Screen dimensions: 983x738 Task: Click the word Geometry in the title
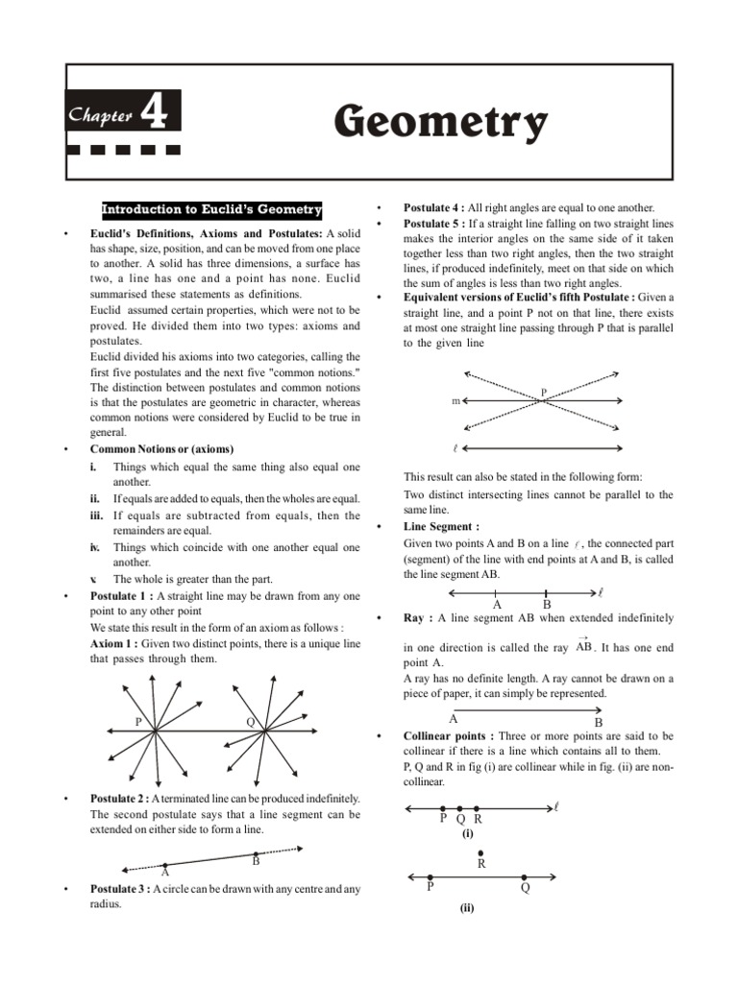pos(441,123)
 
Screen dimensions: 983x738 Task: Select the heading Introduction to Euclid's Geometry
pos(212,210)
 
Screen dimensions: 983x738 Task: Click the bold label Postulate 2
pos(122,799)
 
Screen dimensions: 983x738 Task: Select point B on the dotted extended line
pos(257,854)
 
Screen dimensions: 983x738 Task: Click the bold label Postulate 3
pos(122,889)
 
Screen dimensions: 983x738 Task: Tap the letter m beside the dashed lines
pos(455,401)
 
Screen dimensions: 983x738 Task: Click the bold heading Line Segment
pos(441,527)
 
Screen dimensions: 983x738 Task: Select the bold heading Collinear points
pos(449,736)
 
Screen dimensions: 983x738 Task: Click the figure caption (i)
pos(468,834)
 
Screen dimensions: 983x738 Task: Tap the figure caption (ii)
pos(468,907)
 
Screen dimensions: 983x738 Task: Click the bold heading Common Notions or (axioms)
pos(161,449)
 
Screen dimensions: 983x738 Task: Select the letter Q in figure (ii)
pos(525,888)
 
